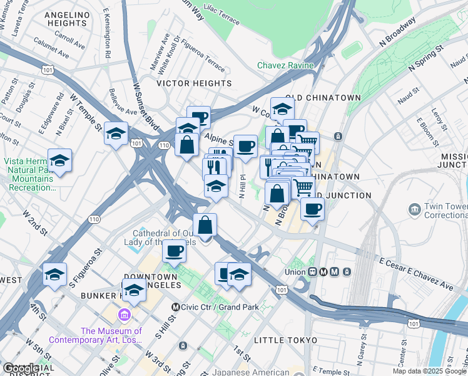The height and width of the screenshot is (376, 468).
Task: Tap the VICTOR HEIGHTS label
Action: coord(194,83)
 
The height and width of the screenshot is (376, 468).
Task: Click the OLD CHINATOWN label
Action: coord(323,98)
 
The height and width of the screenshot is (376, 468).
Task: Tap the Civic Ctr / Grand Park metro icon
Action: coord(176,307)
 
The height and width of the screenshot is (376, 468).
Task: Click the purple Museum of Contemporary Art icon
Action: coord(125,315)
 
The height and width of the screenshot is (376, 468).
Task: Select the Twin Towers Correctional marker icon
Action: coord(414,208)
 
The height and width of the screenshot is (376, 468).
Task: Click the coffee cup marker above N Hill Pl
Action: coord(245,146)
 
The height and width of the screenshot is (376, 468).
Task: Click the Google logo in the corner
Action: coord(21,368)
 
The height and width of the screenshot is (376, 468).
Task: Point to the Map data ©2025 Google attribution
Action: coord(430,371)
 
